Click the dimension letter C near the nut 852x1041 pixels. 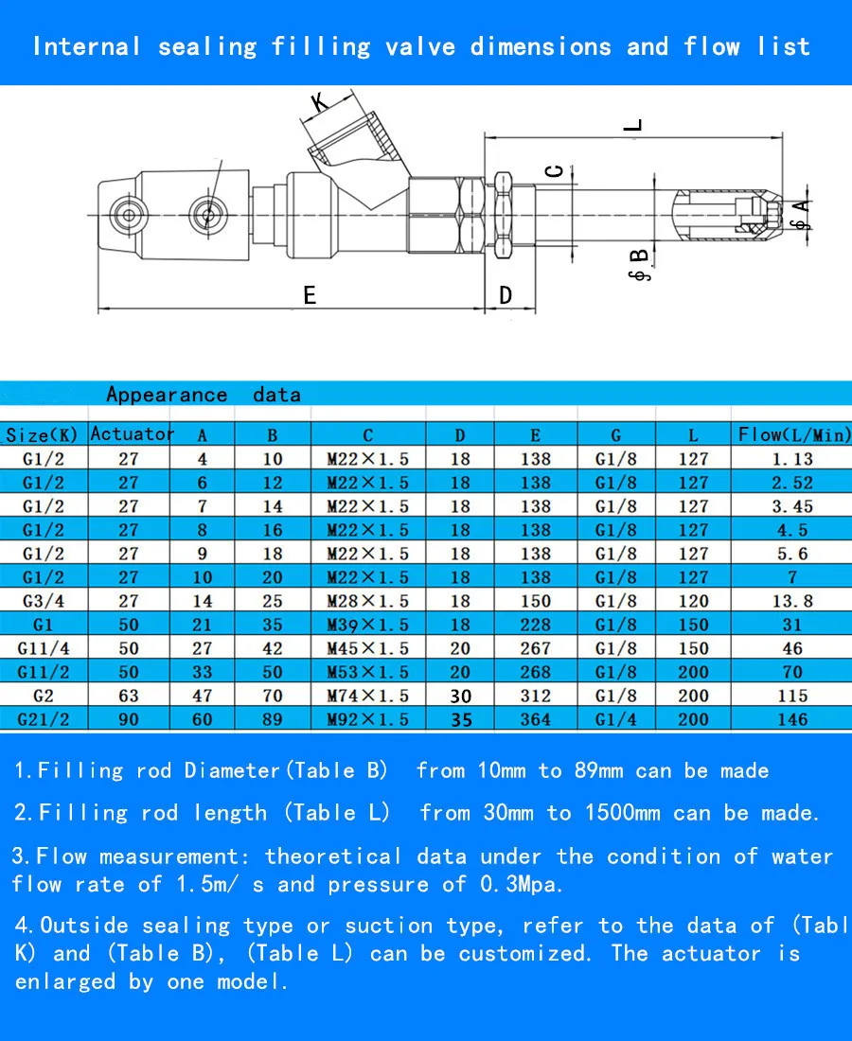point(557,170)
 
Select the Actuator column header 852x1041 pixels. point(132,434)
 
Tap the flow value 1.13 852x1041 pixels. point(792,459)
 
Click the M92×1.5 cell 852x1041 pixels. point(367,719)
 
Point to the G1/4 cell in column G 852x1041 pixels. point(615,719)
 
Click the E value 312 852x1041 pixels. point(535,696)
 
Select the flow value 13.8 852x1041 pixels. point(792,601)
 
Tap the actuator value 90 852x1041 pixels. point(129,719)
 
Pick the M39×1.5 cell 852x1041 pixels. point(367,625)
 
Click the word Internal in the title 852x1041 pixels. point(86,46)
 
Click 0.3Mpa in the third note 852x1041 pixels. point(527,885)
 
